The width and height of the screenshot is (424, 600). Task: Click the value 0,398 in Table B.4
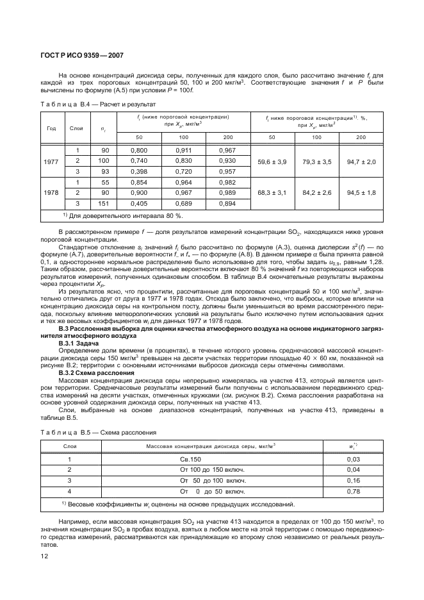[x=139, y=172]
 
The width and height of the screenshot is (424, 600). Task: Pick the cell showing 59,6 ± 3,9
[x=272, y=161]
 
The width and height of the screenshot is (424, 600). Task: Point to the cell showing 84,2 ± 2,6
[x=317, y=192]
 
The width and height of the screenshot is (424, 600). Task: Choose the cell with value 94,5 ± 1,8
[x=361, y=192]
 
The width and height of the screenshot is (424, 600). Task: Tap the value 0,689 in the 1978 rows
[x=184, y=203]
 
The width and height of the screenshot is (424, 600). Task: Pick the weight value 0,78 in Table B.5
[x=353, y=491]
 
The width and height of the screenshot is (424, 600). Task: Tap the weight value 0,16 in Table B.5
[x=353, y=481]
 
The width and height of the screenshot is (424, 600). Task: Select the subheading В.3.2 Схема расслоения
[x=96, y=372]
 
